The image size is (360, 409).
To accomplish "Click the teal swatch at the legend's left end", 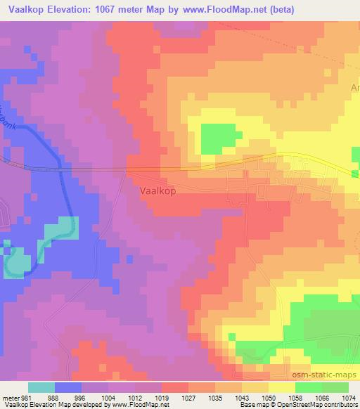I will click(x=41, y=387).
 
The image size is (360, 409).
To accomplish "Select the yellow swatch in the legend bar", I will click(x=281, y=387).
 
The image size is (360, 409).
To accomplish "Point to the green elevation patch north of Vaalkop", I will click(x=218, y=138).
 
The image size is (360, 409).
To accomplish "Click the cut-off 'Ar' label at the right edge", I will click(x=354, y=88).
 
